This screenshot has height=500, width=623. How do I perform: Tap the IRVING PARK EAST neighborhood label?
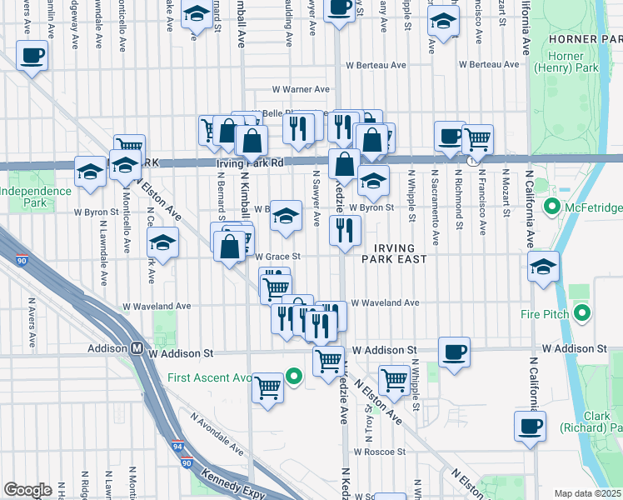[394, 253]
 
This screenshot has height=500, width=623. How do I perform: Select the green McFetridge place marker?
[551, 206]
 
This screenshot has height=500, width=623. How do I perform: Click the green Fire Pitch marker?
[582, 314]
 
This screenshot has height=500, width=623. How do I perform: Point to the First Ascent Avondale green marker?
[292, 377]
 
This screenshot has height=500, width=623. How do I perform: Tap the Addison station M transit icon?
[136, 350]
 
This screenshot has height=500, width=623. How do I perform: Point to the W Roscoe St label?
[379, 452]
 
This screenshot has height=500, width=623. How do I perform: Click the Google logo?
[27, 489]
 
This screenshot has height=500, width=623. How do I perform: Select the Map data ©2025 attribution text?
[587, 493]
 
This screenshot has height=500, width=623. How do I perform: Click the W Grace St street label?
[277, 257]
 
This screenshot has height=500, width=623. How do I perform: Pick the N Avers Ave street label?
[32, 323]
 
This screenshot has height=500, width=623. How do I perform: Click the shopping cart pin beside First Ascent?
[268, 387]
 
